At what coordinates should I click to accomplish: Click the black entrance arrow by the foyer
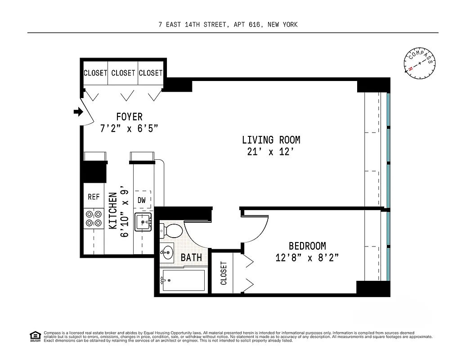coord(78,112)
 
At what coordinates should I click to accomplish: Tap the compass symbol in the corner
coord(420,63)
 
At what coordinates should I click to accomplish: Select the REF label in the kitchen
coord(93,197)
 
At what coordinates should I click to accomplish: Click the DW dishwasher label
coord(142,200)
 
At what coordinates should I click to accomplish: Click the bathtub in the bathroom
coord(183,281)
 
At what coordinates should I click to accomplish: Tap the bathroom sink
coord(168,252)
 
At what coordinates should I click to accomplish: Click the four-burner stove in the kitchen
coord(93,218)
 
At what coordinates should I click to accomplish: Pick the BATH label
coord(191,258)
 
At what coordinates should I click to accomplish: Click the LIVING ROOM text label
coord(271,140)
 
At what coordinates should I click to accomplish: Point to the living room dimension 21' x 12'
coord(271,152)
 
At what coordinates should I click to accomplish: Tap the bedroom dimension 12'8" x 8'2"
coord(307,258)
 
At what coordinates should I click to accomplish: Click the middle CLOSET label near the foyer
coord(123,73)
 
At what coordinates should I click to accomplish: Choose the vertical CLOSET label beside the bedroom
coord(224,273)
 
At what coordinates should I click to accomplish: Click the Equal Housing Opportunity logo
coord(35,336)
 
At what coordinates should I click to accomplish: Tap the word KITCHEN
coord(113,211)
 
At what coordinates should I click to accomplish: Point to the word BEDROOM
coord(307,246)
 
